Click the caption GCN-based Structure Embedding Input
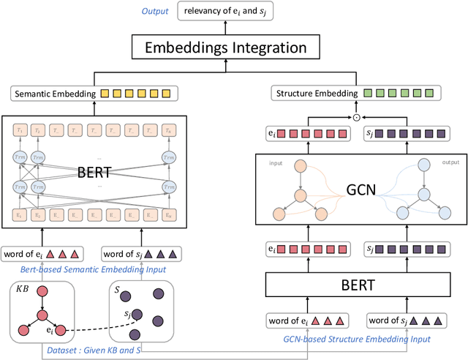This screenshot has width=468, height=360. click(355, 339)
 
